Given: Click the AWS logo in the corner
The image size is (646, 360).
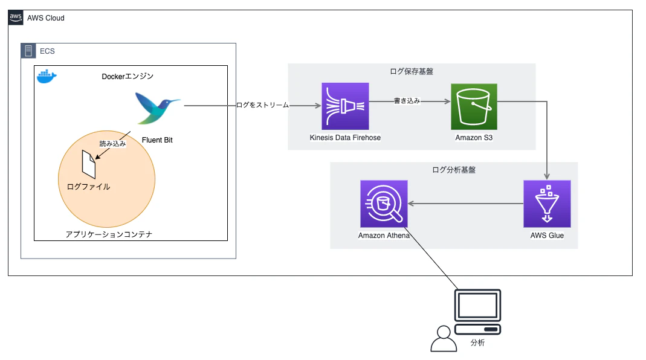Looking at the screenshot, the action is tap(16, 18).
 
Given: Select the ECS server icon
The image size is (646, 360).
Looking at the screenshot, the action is tap(28, 51).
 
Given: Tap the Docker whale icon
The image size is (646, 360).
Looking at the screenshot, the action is tap(47, 77).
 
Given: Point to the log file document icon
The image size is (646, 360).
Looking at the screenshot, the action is tap(89, 164).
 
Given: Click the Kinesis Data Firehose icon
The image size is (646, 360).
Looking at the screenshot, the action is tap(345, 106).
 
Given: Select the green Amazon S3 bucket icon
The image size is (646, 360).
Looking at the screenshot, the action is tap(474, 107).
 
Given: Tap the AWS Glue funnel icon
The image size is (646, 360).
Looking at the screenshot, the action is tap(547, 204).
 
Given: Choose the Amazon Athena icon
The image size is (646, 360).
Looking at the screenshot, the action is tap(384, 204).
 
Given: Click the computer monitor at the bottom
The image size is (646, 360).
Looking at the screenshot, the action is tap(477, 312).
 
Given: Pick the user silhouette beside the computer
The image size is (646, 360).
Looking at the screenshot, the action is tap(444, 339).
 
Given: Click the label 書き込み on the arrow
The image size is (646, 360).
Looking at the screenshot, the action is tap(407, 101).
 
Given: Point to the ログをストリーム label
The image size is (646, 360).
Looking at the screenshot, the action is tap(263, 105).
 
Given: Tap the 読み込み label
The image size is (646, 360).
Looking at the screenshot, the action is tap(112, 144).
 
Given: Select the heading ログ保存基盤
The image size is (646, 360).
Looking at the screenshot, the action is tap(412, 71).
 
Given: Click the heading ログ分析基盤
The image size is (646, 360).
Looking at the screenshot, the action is tap(454, 170).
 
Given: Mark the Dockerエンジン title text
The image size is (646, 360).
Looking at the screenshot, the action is tap(128, 76).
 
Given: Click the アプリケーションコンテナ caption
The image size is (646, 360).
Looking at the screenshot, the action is tap(109, 234).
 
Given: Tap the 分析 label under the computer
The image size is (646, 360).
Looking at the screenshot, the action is tap(477, 342).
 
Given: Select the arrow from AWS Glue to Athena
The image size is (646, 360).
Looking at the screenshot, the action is tap(465, 204).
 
